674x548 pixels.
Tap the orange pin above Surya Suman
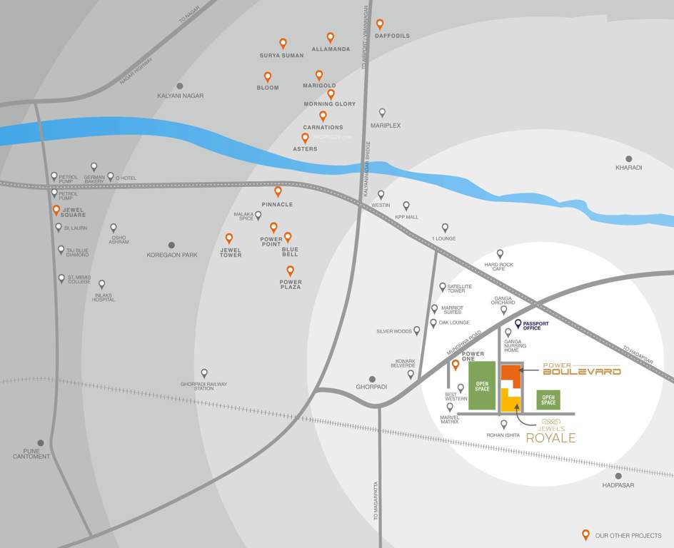click(283, 43)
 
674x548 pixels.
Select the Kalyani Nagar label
click(180, 96)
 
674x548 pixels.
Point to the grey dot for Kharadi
click(629, 159)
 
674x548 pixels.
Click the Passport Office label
click(536, 325)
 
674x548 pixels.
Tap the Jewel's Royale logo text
click(550, 435)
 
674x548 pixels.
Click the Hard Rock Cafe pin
click(500, 253)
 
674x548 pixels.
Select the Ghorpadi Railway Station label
click(203, 386)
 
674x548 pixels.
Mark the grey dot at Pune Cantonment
click(41, 443)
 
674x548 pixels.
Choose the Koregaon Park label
click(171, 255)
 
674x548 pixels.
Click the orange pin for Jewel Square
click(56, 210)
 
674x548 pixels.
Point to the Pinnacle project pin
click(278, 191)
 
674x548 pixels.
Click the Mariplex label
click(386, 126)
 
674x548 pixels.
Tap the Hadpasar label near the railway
click(618, 485)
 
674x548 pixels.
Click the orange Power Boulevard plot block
click(508, 375)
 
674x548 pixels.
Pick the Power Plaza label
click(291, 284)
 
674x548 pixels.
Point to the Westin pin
click(381, 194)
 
